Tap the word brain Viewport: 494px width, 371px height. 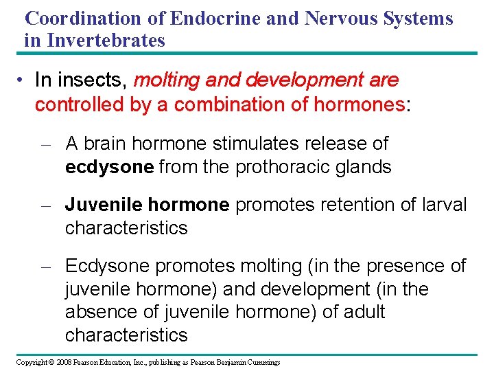click(x=104, y=144)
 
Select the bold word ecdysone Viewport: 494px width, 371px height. click(x=109, y=167)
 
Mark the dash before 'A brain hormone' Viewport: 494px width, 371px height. click(x=46, y=144)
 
